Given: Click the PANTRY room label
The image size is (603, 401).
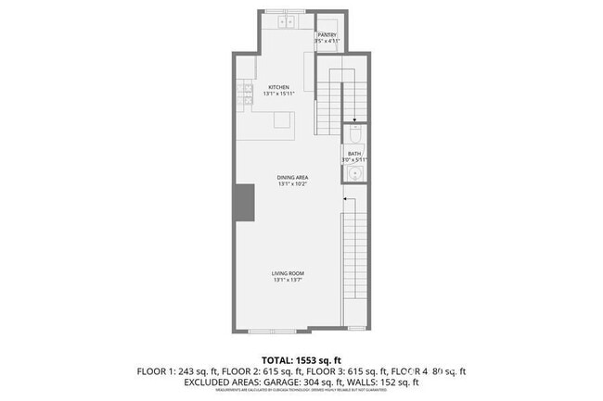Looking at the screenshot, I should click(327, 35).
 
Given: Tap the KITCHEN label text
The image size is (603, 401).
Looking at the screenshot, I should click(267, 87).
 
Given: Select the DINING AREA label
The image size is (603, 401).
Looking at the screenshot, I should click(292, 177).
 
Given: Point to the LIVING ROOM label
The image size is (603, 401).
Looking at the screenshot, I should click(289, 273).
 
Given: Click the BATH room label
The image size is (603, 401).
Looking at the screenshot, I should click(354, 154).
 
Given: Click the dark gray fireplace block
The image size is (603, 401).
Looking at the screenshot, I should click(244, 203).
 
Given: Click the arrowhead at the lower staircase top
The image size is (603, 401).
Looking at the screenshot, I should click(345, 199).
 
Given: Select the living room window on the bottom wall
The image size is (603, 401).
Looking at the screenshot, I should click(274, 331).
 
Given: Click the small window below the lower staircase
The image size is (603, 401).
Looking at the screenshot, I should click(355, 330).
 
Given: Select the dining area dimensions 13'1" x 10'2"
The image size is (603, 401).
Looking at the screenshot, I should click(292, 184).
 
